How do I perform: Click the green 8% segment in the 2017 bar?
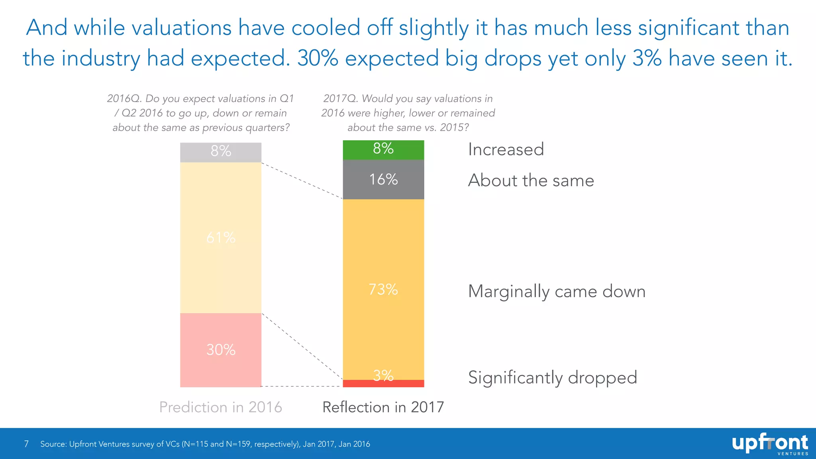coord(383,149)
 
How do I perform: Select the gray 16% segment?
coord(383,179)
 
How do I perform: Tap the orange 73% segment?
coord(383,289)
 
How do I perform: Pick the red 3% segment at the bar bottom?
coord(383,384)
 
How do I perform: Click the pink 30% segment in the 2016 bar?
coord(221,350)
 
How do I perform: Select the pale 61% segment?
coord(221,237)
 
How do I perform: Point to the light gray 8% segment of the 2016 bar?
coord(221,151)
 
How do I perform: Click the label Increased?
coord(506,149)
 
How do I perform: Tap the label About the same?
coord(531,180)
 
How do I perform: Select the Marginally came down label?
coord(556,291)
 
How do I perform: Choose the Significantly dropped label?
coord(552,377)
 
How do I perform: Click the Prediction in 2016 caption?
coord(220,407)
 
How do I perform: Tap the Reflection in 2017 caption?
coord(383,407)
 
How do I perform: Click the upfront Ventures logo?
coord(770,444)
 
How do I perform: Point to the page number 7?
coord(26,444)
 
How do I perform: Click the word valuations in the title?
coord(181,28)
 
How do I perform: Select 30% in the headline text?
coord(318,58)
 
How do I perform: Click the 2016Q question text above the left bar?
coord(200,113)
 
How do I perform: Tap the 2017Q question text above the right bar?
coord(408,113)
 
